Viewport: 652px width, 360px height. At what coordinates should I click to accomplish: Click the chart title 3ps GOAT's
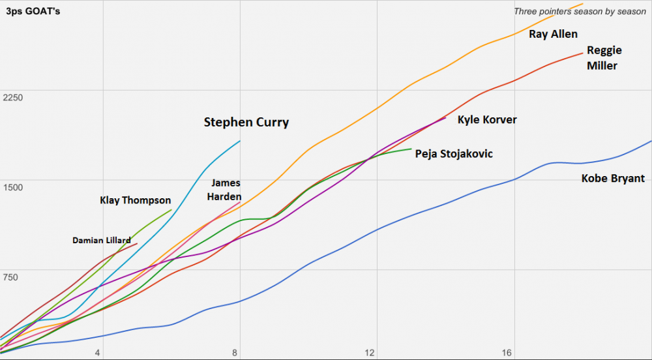pyautogui.click(x=33, y=12)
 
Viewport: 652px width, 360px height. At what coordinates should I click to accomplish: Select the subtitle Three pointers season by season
pyautogui.click(x=580, y=12)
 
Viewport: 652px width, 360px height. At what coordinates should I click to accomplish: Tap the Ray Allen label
pyautogui.click(x=553, y=35)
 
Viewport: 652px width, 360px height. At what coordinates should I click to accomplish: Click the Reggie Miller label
pyautogui.click(x=602, y=58)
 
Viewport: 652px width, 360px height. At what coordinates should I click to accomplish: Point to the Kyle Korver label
pyautogui.click(x=487, y=120)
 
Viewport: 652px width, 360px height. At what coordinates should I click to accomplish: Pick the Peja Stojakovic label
pyautogui.click(x=454, y=154)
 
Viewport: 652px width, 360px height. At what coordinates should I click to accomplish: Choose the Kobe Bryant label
pyautogui.click(x=613, y=179)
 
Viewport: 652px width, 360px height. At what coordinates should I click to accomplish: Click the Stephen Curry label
pyautogui.click(x=246, y=123)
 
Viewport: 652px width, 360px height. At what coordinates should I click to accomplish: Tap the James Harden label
pyautogui.click(x=226, y=190)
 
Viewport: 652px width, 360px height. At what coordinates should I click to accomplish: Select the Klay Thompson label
pyautogui.click(x=135, y=201)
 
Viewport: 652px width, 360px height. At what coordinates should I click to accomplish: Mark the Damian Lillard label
pyautogui.click(x=101, y=241)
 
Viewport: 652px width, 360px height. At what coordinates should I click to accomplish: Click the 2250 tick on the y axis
pyautogui.click(x=13, y=98)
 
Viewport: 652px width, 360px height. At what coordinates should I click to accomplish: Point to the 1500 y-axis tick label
pyautogui.click(x=13, y=188)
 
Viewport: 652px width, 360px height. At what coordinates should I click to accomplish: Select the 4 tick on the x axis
pyautogui.click(x=98, y=353)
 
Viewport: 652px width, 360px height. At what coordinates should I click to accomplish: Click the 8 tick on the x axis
pyautogui.click(x=235, y=353)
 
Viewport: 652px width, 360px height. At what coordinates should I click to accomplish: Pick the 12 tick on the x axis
pyautogui.click(x=370, y=353)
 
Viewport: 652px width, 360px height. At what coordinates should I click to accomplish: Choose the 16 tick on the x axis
pyautogui.click(x=507, y=353)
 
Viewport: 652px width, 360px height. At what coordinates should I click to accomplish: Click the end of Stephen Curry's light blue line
pyautogui.click(x=240, y=141)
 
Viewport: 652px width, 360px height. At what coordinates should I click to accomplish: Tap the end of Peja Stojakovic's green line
pyautogui.click(x=411, y=149)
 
